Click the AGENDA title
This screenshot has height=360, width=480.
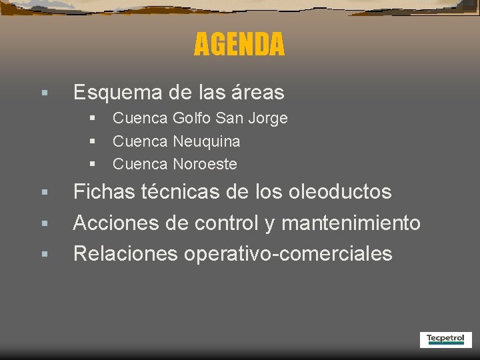tap(239, 45)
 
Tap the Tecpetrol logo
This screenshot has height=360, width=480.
tap(445, 339)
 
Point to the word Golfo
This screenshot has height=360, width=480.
tap(191, 119)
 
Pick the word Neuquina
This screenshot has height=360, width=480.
tap(207, 141)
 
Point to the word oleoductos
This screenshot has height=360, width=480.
tap(340, 192)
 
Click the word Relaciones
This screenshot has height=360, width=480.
tap(125, 253)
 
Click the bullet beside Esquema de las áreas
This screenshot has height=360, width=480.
tap(43, 93)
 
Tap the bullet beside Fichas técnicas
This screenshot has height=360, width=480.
tap(43, 193)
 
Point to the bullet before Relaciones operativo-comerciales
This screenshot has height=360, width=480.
tap(43, 254)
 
